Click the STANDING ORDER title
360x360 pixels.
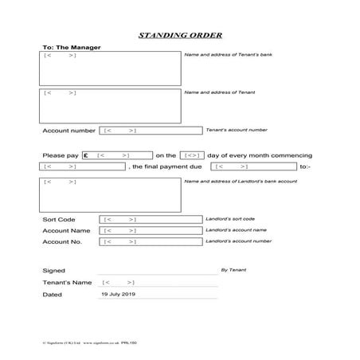coord(180,36)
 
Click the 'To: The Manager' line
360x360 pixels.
coord(66,47)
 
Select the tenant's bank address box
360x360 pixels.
coord(110,68)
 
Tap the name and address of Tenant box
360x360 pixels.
coord(110,105)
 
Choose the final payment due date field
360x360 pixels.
coord(252,166)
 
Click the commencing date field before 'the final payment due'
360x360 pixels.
coord(82,166)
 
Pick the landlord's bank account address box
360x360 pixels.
coord(110,195)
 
